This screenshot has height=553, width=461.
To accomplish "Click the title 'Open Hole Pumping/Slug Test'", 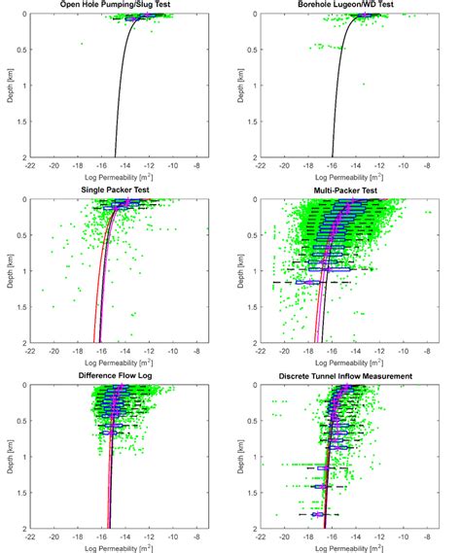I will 116,6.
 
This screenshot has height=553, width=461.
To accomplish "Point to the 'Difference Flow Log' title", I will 116,376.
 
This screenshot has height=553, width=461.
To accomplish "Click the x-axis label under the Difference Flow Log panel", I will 116,547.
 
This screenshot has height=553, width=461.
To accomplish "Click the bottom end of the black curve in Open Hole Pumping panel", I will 116,156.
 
